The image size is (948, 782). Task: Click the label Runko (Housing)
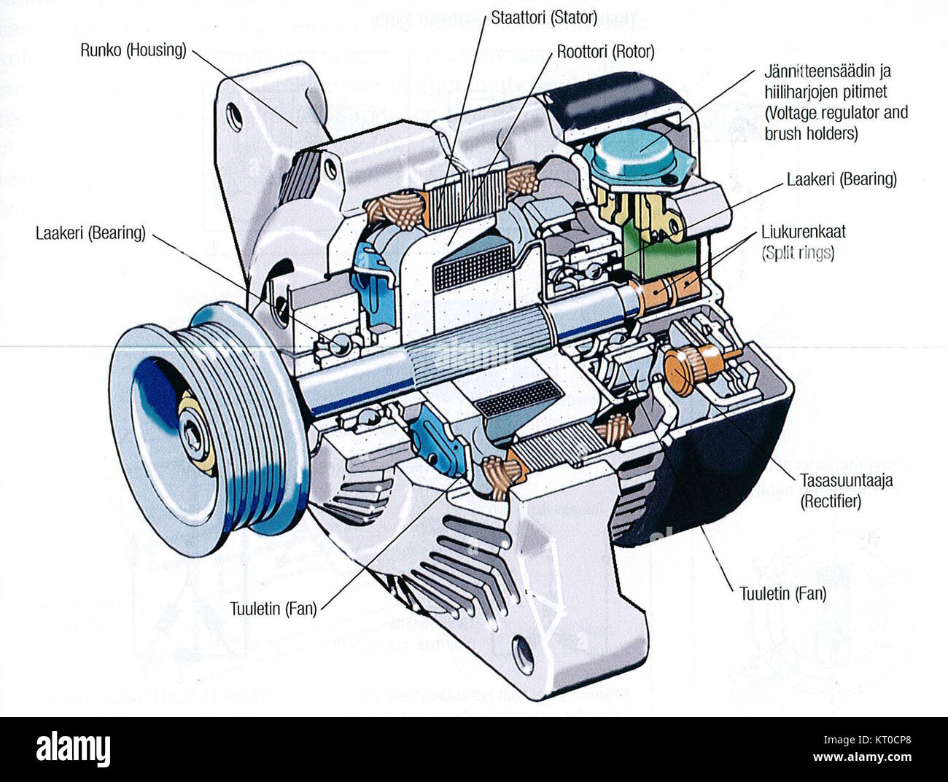tap(133, 50)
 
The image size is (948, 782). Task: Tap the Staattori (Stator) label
tap(543, 17)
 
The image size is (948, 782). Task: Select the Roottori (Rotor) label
tap(605, 52)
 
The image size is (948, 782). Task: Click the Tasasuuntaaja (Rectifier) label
tap(846, 490)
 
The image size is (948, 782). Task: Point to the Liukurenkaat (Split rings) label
tap(803, 242)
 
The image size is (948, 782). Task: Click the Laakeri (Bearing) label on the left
tap(90, 233)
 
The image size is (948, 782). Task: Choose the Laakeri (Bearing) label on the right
tap(842, 179)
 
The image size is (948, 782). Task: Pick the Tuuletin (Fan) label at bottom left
tap(273, 609)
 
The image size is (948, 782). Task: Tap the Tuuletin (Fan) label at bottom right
tap(782, 593)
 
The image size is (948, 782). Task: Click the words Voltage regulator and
tap(836, 113)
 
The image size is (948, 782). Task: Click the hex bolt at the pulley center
tap(195, 435)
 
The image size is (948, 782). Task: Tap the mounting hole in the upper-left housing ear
tap(234, 117)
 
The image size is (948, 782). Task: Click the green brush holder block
tap(660, 251)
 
